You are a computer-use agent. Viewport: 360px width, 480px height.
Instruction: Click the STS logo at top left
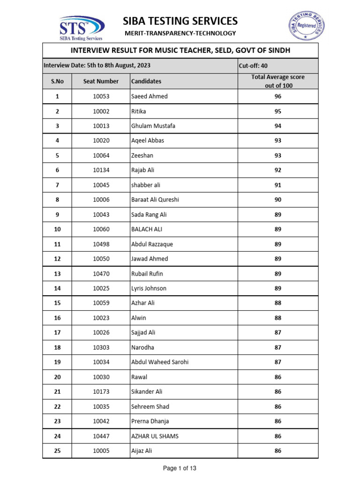point(81,28)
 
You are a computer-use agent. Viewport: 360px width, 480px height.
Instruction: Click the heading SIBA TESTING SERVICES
point(180,21)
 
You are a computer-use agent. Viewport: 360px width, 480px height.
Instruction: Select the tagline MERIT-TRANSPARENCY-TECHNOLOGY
point(180,33)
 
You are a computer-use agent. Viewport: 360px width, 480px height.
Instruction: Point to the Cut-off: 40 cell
point(253,66)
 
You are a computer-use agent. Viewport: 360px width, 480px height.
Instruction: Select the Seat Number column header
point(101,81)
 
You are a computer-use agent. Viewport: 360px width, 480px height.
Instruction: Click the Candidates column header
point(146,81)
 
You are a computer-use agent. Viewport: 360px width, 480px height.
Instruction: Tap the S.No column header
point(57,81)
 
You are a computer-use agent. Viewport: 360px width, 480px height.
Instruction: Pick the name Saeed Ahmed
point(149,96)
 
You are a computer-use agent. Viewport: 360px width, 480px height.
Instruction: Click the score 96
point(278,96)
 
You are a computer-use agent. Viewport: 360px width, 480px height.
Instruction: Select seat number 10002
point(101,111)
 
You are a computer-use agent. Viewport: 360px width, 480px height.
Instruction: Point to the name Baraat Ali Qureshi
point(155,200)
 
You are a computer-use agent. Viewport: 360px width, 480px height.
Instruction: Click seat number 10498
point(101,244)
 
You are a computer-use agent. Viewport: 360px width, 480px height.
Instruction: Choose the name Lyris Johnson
point(149,288)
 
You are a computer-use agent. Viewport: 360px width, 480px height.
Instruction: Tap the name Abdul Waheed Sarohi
point(160,362)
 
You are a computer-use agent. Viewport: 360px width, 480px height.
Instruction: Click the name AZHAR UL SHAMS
point(155,436)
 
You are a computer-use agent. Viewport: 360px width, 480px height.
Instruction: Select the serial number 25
point(57,451)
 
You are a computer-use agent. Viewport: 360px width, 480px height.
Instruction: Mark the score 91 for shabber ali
point(278,185)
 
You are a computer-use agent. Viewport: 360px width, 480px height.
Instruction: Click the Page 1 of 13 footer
point(180,468)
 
